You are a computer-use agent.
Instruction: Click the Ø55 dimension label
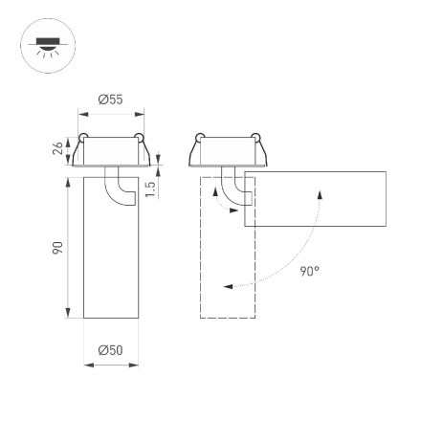coord(110,99)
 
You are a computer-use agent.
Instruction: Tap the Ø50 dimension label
coord(110,350)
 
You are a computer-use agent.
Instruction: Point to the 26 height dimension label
coord(56,149)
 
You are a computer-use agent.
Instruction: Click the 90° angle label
coord(309,272)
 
